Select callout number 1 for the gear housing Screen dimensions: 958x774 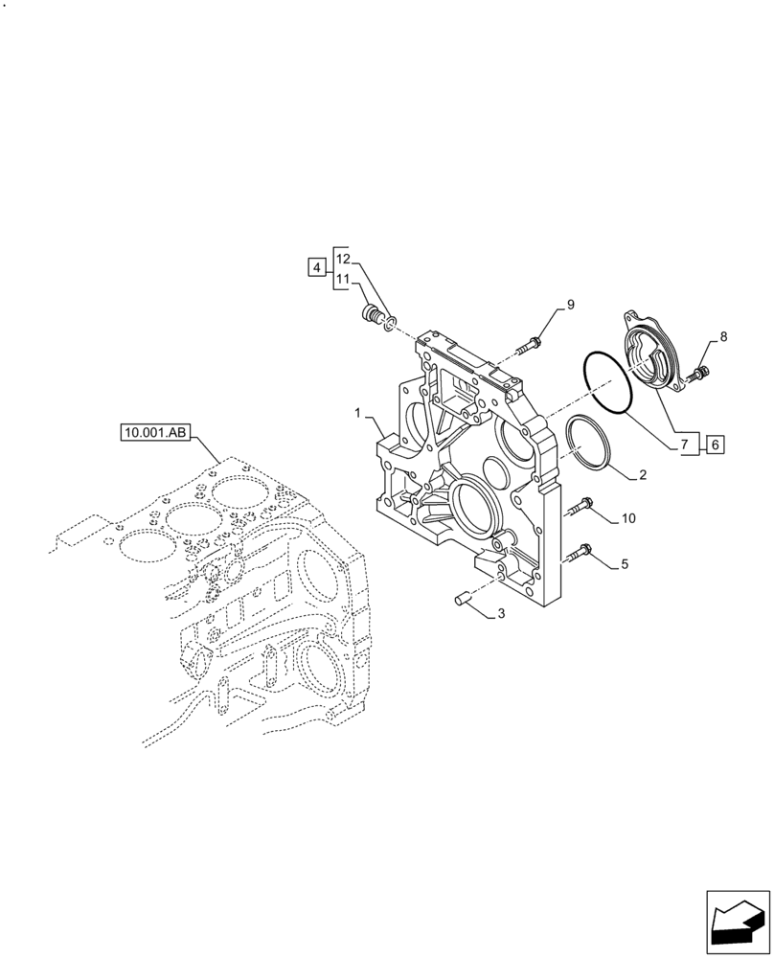click(x=358, y=414)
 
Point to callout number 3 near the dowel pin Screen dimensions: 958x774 click(x=316, y=268)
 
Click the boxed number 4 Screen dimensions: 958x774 click(x=624, y=564)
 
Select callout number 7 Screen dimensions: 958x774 click(x=723, y=336)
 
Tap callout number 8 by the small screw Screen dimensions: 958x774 click(x=570, y=305)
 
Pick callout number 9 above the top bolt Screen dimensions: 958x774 click(x=627, y=518)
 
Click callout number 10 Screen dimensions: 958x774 click(x=344, y=279)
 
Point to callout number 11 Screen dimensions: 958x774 click(x=344, y=258)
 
